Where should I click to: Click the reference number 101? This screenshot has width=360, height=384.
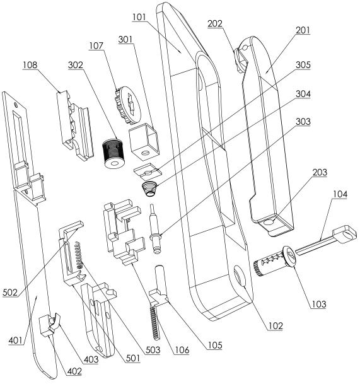tap(139, 17)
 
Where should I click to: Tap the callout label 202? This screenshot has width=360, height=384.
tap(215, 24)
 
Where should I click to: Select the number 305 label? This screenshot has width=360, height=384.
tap(303, 65)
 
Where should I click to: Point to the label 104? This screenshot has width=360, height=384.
tap(340, 194)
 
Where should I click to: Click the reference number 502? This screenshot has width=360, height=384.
tap(10, 293)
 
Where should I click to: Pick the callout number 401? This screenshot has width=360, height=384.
tap(15, 340)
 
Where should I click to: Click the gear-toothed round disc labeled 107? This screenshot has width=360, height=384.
tap(127, 104)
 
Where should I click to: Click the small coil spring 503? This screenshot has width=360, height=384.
tap(78, 255)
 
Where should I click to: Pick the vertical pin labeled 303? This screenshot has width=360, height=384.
tap(155, 229)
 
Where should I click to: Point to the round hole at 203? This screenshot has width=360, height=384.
tap(269, 222)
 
